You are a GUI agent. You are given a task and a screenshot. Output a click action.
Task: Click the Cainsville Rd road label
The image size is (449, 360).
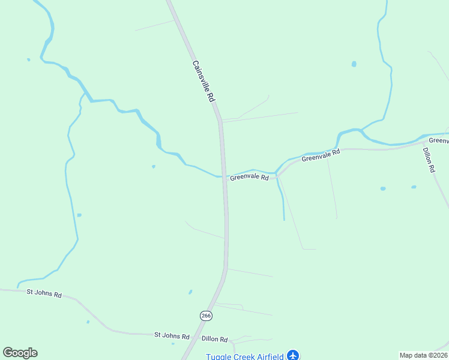point(203,80)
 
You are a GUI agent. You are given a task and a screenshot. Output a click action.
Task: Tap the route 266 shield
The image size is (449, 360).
point(206,316)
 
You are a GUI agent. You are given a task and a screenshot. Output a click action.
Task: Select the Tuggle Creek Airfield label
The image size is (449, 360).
point(245,356)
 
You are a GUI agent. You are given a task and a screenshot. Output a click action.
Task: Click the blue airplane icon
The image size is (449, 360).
point(293,355)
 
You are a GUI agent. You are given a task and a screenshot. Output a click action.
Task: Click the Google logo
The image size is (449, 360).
point(20,353)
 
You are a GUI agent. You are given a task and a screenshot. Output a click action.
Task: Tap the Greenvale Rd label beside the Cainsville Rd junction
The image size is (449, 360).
point(249,177)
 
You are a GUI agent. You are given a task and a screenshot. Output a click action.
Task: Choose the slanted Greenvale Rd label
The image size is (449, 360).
point(321,155)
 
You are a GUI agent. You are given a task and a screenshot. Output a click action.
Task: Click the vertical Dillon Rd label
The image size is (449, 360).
point(429,160)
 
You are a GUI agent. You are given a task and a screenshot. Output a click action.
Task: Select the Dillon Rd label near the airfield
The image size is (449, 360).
point(215,339)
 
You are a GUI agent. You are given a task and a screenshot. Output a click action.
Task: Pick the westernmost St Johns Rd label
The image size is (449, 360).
point(44,294)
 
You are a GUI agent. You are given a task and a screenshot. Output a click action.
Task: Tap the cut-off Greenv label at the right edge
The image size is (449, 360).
point(439,140)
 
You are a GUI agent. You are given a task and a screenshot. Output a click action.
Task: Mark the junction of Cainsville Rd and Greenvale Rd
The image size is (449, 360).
point(224,178)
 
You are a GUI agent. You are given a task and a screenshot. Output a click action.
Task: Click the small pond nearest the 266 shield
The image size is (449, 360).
point(190,292)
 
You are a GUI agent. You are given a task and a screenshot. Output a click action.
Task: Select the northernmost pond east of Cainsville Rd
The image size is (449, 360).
point(354,64)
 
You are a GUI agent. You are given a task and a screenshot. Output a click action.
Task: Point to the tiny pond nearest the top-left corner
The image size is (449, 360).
point(28,59)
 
